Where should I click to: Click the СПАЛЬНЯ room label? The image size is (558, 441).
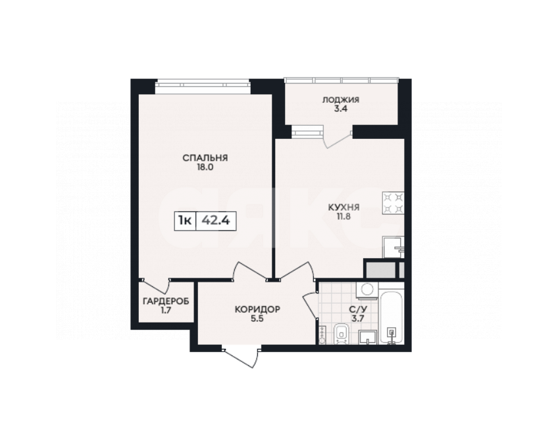205,158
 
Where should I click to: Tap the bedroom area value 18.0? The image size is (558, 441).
205,167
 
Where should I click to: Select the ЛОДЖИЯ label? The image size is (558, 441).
341,99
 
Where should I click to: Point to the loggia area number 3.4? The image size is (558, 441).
341,109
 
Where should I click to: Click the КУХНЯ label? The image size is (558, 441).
343,207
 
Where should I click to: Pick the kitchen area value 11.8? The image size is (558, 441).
343,217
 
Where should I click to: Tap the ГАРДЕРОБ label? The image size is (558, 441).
166,301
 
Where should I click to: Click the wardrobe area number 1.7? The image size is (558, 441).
166,311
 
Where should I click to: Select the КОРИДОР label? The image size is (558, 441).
257,309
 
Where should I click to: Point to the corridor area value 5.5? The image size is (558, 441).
257,319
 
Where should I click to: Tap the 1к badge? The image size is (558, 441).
185,220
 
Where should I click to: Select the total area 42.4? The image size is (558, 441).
216,220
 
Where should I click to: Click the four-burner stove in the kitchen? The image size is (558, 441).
393,203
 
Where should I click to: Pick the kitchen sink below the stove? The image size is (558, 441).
393,247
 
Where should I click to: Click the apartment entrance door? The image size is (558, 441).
241,356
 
